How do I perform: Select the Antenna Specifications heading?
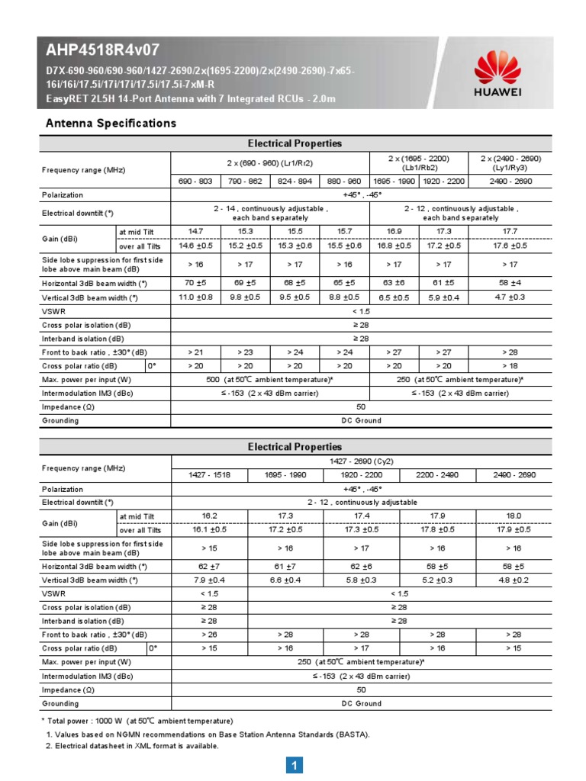click(x=111, y=123)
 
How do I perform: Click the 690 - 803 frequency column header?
click(x=195, y=182)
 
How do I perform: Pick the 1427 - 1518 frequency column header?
click(x=208, y=474)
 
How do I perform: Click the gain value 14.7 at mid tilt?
click(x=195, y=230)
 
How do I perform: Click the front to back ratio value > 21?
click(x=195, y=352)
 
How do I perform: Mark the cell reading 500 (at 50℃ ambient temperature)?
click(x=269, y=379)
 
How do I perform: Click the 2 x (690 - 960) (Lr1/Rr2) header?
click(x=269, y=163)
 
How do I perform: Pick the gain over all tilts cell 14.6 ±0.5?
click(x=195, y=245)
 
